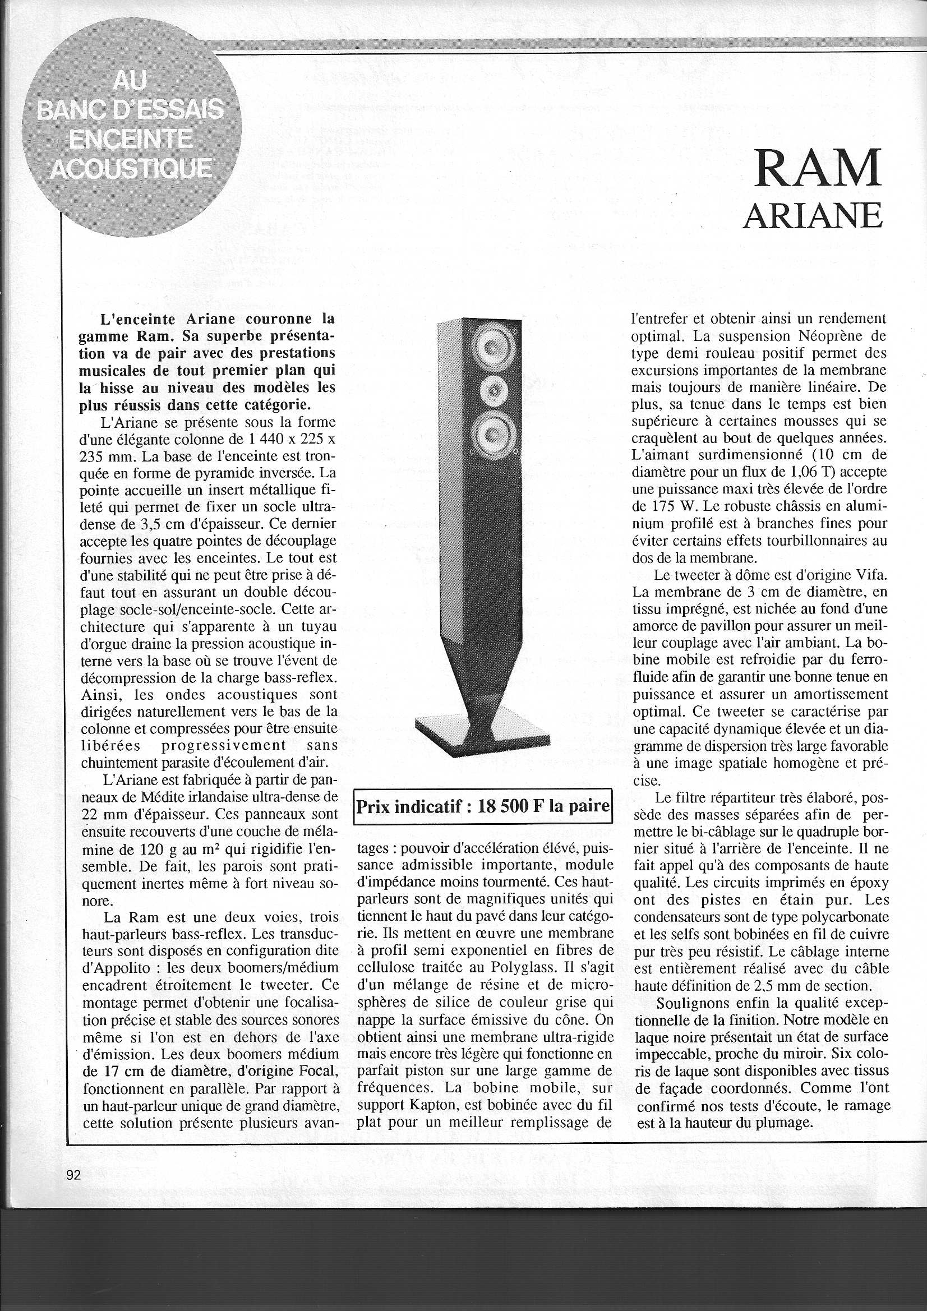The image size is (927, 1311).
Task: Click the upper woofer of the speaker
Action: pyautogui.click(x=494, y=346)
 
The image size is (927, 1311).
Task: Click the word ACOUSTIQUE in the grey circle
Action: pyautogui.click(x=131, y=168)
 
